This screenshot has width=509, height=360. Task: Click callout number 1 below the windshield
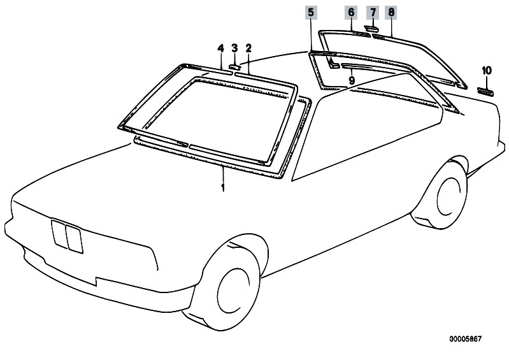[223, 187]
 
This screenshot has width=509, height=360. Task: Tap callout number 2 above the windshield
[248, 48]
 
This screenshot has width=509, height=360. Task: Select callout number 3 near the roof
[234, 48]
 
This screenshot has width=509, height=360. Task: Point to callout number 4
[221, 48]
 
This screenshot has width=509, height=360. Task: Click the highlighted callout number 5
[311, 13]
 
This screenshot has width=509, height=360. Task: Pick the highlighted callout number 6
[351, 13]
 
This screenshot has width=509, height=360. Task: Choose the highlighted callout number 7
[373, 13]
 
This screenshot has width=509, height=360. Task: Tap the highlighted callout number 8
[391, 13]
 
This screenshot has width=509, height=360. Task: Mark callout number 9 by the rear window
[352, 80]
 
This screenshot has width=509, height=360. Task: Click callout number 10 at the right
[487, 71]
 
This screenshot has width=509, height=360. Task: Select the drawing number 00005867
[466, 339]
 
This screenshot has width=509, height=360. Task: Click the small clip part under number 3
[234, 67]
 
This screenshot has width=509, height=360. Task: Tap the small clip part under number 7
[371, 29]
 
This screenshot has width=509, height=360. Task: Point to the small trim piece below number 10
[485, 92]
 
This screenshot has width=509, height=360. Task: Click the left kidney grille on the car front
[59, 234]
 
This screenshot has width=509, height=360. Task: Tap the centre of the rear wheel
[450, 197]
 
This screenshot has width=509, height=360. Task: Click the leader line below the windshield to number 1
[223, 175]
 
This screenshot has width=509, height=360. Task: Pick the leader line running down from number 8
[392, 27]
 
